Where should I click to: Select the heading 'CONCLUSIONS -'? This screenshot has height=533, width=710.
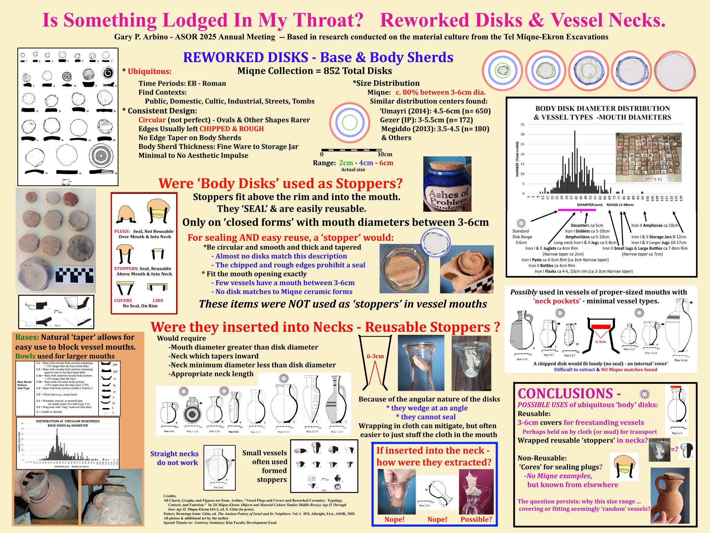click(569, 394)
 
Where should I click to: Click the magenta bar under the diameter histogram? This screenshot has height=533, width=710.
click(574, 210)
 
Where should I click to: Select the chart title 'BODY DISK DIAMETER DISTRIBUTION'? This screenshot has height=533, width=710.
click(603, 109)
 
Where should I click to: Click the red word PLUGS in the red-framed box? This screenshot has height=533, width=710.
click(122, 231)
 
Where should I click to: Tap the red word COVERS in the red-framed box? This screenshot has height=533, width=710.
click(123, 301)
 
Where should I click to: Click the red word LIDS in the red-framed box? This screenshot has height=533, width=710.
click(158, 301)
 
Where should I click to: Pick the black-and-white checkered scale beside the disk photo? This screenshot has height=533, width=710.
click(75, 275)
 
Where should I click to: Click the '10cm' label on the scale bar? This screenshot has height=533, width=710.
click(385, 154)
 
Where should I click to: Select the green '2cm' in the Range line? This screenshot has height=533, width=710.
click(346, 163)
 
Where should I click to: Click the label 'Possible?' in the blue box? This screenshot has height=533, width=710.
click(476, 519)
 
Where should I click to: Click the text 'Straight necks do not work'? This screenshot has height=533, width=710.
click(174, 458)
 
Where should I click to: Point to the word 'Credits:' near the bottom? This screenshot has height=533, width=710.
click(170, 496)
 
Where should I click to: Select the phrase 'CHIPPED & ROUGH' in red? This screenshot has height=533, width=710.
click(232, 129)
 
